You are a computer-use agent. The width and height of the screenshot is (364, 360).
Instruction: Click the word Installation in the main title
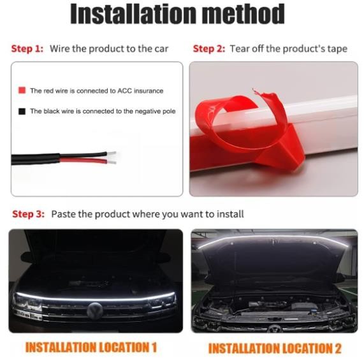tap(133, 13)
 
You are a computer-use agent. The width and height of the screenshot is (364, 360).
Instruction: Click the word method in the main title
tap(243, 13)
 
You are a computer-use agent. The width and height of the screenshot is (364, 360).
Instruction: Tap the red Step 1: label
tap(27, 48)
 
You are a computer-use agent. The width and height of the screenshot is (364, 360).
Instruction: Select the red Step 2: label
tap(209, 48)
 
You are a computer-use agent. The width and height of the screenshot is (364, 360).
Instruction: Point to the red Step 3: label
tap(28, 214)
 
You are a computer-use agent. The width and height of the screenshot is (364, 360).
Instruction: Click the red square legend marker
tap(22, 90)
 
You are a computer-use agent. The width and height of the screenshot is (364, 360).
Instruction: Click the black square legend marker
tap(22, 112)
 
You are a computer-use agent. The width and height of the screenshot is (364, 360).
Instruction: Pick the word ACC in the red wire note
tap(124, 90)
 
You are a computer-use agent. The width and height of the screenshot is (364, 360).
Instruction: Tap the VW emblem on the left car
tap(95, 310)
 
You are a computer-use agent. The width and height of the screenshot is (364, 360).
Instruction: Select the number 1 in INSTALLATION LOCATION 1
tap(154, 347)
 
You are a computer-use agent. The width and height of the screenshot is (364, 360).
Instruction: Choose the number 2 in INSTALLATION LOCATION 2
tap(338, 349)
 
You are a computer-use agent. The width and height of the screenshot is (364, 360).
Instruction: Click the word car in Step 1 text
tap(161, 49)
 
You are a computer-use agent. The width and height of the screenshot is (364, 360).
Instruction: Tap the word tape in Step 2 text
tap(337, 49)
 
